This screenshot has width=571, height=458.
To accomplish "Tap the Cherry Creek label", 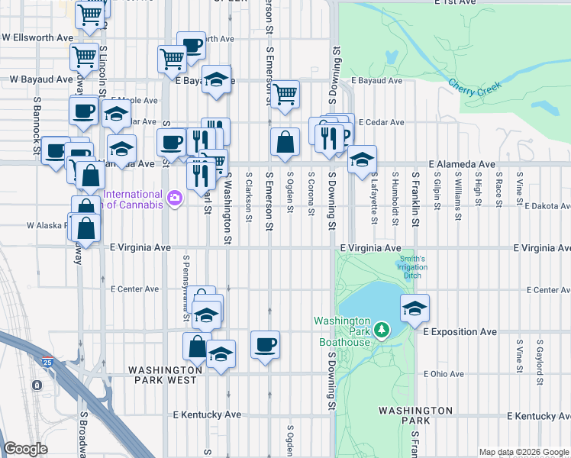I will coord(475,88).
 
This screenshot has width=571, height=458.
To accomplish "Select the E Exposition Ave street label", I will coord(459,332).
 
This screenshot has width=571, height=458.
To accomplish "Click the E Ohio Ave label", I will coord(444,374).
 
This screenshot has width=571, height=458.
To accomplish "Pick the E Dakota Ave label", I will coord(547,205).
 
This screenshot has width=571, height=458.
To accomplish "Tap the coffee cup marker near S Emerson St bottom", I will coord(265,344).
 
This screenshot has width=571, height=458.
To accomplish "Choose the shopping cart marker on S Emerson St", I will coord(285,95).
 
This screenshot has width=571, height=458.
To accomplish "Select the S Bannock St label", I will coord(36,119).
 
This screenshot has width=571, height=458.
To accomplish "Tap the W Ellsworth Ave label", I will coord(37,37).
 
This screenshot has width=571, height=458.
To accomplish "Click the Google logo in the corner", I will coord(25,449).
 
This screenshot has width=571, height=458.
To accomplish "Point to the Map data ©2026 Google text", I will coord(524,452).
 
